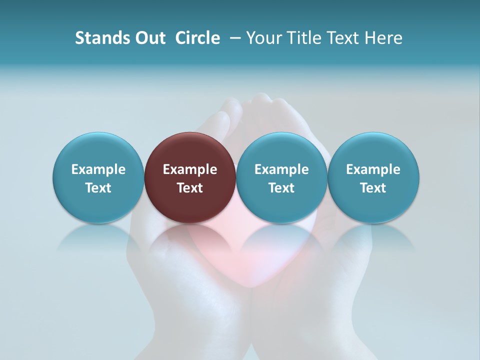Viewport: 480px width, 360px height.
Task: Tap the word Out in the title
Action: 149,38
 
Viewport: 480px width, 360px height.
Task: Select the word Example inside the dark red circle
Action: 190,169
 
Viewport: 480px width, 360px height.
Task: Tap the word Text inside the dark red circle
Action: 190,188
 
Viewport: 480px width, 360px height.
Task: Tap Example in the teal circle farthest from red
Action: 373,169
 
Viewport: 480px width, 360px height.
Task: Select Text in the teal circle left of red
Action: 98,188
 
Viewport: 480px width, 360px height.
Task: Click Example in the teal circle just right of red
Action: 281,169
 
